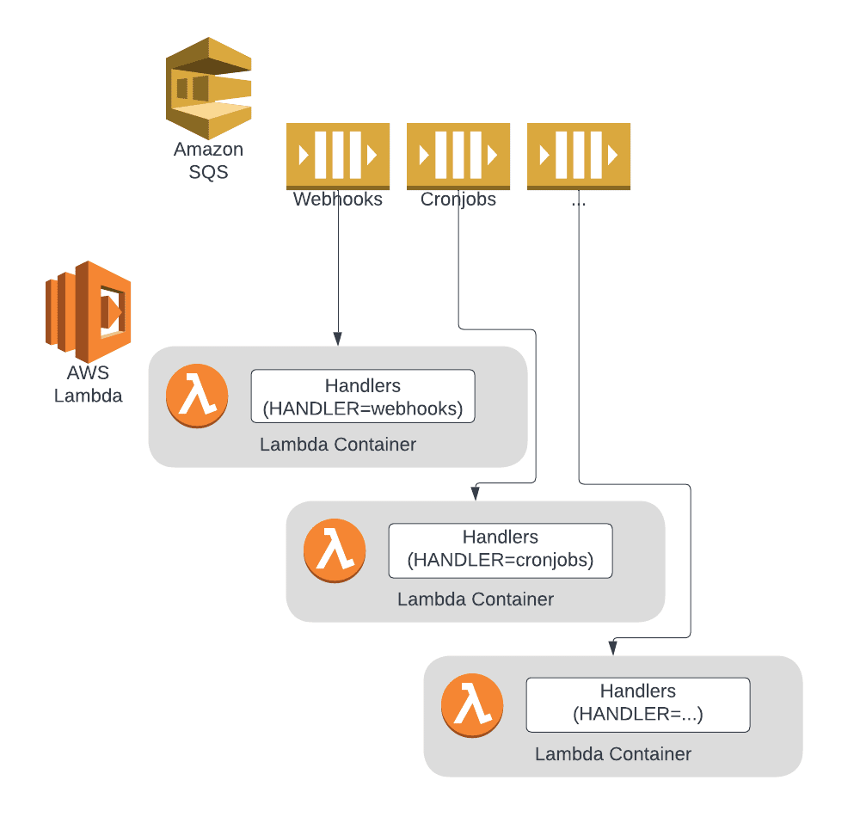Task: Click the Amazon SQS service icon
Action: click(208, 88)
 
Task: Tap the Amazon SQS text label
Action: click(208, 160)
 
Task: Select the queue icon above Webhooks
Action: click(337, 156)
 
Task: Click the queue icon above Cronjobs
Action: click(458, 156)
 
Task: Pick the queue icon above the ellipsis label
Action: click(578, 156)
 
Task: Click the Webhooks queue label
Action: click(337, 200)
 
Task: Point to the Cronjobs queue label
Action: click(458, 200)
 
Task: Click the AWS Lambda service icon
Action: click(88, 311)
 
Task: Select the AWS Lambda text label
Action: click(88, 385)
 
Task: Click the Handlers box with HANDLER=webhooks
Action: click(362, 396)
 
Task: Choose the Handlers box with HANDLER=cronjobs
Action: click(500, 550)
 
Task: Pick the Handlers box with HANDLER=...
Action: click(637, 704)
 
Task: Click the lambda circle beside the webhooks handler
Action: click(197, 396)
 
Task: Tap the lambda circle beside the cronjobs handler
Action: click(335, 550)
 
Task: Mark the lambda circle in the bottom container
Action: click(472, 704)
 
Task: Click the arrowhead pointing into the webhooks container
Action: click(337, 339)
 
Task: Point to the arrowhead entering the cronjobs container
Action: click(475, 493)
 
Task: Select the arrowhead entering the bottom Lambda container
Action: click(612, 647)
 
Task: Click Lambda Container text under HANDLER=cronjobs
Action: click(475, 599)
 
